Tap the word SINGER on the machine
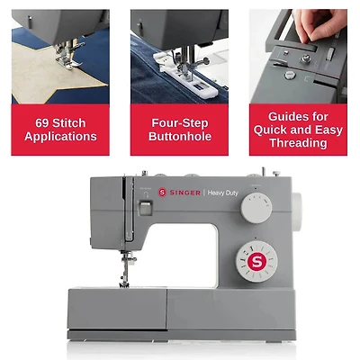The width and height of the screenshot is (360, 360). point(184,192)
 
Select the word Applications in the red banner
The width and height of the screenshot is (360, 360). point(60,137)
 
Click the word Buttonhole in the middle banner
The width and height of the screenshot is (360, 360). point(180,137)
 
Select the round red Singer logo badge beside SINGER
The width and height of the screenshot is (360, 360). point(163,192)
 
